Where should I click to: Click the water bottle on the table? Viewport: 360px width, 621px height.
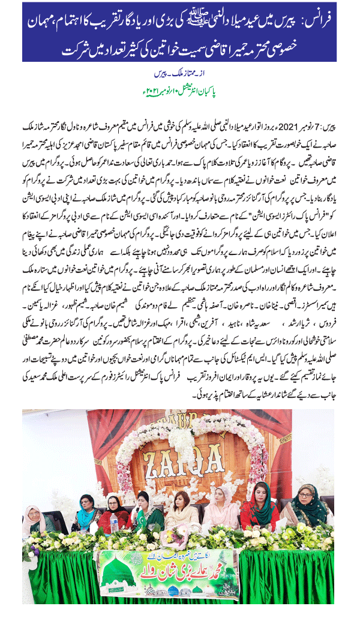tap(114, 523)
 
